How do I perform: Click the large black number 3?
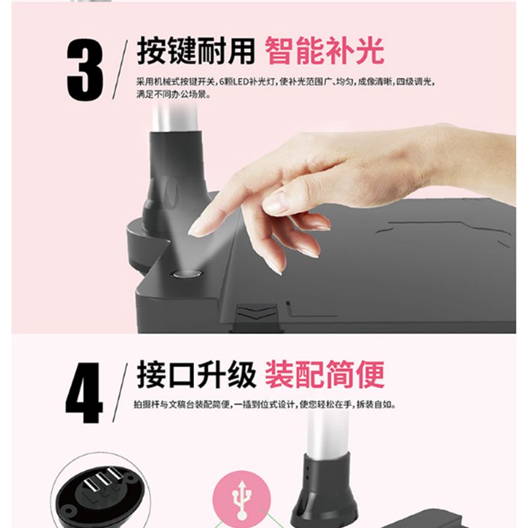tap(85, 70)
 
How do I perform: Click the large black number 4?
tap(84, 393)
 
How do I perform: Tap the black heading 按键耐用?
tap(195, 51)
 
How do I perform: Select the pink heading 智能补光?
tap(324, 51)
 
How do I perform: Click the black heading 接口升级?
tap(196, 374)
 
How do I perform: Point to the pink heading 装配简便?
tap(325, 374)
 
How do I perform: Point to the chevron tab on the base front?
tap(257, 312)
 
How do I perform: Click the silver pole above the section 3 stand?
tap(174, 117)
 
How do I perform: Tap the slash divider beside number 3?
tap(120, 70)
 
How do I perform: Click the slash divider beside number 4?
tap(120, 393)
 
